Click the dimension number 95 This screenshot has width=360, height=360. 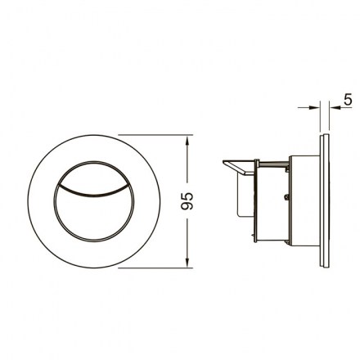click(x=187, y=201)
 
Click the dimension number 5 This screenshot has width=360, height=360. click(x=348, y=100)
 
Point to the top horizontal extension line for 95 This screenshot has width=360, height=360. click(x=155, y=135)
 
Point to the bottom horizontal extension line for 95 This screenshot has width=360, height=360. click(x=155, y=268)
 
